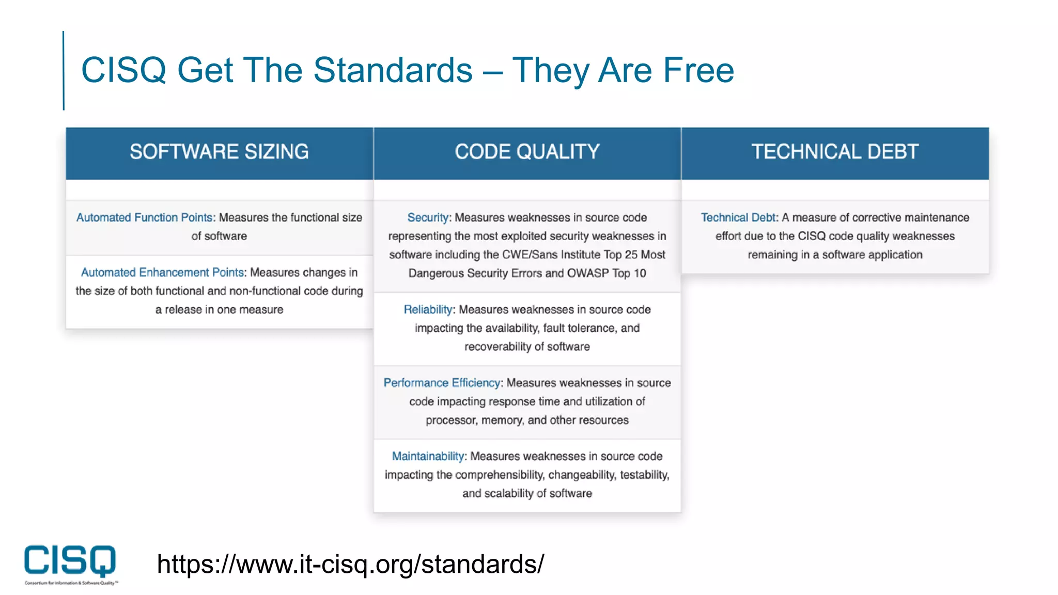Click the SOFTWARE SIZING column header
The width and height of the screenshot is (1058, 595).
[x=219, y=152]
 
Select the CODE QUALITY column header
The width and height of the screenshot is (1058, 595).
[x=527, y=152]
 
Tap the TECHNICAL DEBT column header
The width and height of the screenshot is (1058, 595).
[x=835, y=152]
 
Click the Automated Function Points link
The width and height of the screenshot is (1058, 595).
[x=144, y=217]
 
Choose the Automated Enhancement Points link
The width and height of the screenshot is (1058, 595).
[x=162, y=272]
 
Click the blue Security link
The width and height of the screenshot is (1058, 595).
[x=427, y=217]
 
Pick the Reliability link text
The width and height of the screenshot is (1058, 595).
[x=428, y=309]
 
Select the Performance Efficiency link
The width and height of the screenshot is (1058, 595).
[x=442, y=383]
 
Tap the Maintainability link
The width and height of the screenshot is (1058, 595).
[x=428, y=456]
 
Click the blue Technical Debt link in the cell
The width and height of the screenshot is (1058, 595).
[x=738, y=217]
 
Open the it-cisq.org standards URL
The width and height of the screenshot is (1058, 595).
[x=350, y=563]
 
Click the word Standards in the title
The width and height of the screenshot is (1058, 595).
[x=393, y=70]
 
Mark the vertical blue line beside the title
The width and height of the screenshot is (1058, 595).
[x=64, y=70]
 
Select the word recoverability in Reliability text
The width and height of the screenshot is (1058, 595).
[x=497, y=347]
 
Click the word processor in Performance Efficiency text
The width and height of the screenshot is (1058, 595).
[x=450, y=420]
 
